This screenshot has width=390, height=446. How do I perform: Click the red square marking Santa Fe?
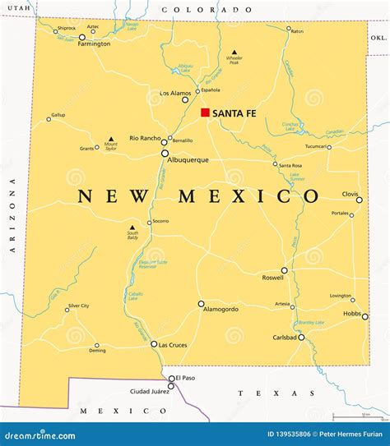coord(205,113)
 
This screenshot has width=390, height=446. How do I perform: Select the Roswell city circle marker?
coord(285,270)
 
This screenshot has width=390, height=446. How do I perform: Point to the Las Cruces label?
coord(174,344)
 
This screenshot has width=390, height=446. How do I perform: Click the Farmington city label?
coord(93,44)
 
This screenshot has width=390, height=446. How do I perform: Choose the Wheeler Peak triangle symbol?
coord(234,51)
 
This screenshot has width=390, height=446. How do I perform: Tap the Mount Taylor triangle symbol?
coord(111,139)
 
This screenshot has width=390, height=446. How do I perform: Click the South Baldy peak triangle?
coord(132,228)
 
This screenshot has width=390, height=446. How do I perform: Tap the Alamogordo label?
coord(221,309)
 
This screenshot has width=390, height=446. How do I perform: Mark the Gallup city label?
coord(58,114)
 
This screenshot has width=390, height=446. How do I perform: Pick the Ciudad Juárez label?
coord(149,391)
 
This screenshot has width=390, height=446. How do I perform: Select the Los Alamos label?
coord(175,93)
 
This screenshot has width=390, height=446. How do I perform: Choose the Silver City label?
coord(78,306)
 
